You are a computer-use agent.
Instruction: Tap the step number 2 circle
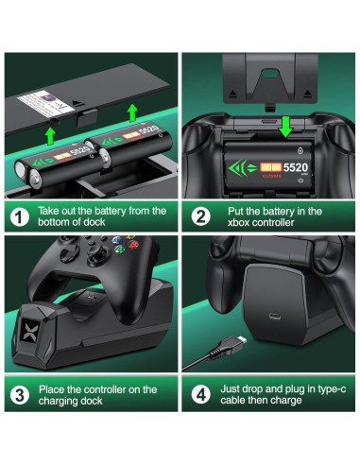pyautogui.click(x=201, y=217)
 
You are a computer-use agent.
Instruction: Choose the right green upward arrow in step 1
pyautogui.click(x=130, y=116)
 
